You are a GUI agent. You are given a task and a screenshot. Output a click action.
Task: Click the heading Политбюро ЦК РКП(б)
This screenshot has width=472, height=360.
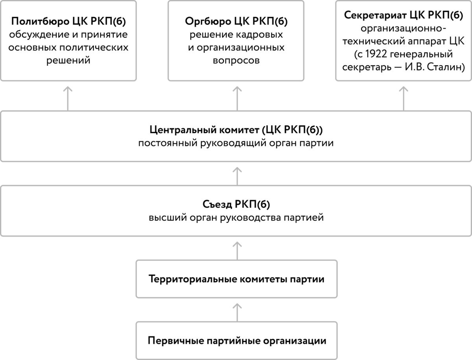pos(69,21)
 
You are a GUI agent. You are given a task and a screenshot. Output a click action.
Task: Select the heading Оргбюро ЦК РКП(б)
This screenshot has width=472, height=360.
pos(236,21)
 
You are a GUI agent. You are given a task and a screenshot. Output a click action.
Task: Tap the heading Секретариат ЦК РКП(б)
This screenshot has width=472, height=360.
pos(403,16)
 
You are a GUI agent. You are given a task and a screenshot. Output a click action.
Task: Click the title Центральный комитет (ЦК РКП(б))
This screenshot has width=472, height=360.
pos(236,130)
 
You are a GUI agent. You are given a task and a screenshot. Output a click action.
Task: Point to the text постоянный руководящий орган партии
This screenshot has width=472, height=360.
pos(236,143)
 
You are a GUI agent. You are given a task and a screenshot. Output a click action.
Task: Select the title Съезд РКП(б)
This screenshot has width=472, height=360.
pos(236,204)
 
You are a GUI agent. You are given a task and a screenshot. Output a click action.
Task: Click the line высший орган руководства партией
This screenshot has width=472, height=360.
pos(236,217)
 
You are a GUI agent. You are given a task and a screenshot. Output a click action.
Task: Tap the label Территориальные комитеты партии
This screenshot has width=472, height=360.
pos(236,279)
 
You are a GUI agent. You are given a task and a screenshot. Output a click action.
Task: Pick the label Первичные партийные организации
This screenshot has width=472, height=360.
pos(236,340)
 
